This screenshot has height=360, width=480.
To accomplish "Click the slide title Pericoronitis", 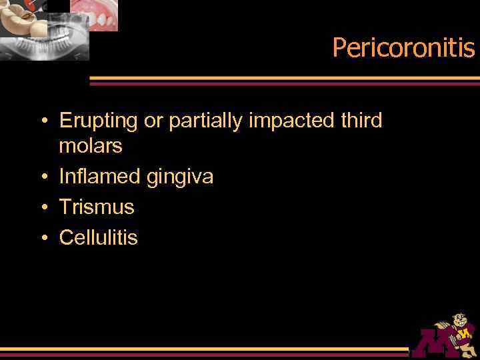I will [403, 48].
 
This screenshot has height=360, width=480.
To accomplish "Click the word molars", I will [91, 146].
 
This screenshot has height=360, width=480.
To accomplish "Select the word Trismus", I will [97, 207].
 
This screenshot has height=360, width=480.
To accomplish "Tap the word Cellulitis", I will [98, 237].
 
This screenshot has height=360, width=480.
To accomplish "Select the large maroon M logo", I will [433, 343].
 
